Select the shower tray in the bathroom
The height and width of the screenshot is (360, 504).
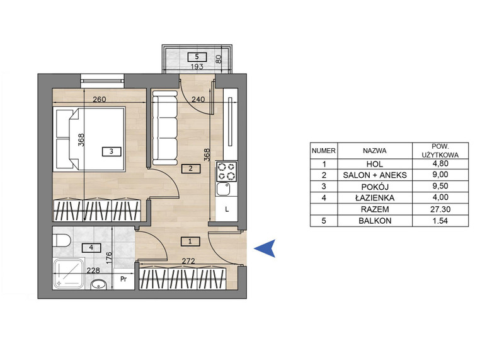coord(69,274)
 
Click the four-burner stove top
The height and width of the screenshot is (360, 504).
coord(227,171)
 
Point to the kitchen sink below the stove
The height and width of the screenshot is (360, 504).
coord(224,189)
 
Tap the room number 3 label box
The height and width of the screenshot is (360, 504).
coord(112,151)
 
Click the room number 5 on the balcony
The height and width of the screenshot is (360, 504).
coord(197,57)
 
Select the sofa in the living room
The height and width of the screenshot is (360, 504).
coord(164,127)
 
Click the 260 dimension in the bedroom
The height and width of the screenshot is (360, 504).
coord(100,100)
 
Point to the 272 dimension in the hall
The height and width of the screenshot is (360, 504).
coord(188,261)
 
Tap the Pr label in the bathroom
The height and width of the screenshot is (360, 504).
coord(123,279)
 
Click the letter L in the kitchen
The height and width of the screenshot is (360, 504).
coord(227,210)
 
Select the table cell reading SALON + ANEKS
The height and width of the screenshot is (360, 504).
coord(375,175)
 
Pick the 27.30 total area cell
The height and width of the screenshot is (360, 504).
coord(440,209)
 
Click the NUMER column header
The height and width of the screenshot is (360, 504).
coord(324,151)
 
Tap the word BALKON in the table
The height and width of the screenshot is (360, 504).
coord(375,221)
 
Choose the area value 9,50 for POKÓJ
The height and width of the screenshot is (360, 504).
coord(440,186)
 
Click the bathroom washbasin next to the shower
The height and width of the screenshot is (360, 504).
coord(98,285)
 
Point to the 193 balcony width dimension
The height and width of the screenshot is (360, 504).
coord(197,67)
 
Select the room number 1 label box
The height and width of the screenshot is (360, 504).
coord(190,241)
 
